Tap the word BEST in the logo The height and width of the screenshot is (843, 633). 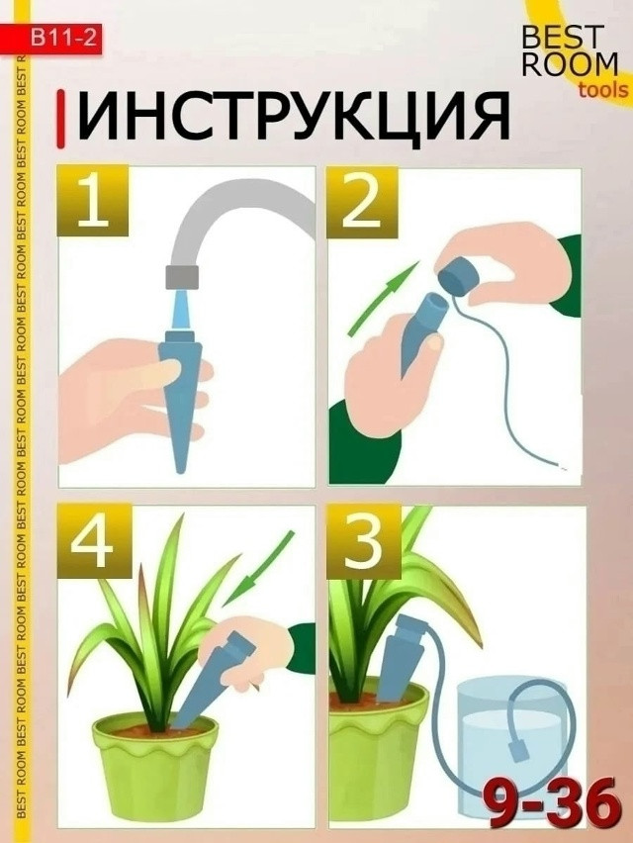[x=562, y=38]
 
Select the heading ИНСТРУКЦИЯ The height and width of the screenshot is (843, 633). [x=293, y=119]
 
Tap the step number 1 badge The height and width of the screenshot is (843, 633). [x=92, y=202]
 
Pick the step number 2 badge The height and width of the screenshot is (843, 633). [x=362, y=202]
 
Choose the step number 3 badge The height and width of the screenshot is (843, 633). [x=364, y=541]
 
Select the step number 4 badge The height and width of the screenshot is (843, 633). [x=93, y=541]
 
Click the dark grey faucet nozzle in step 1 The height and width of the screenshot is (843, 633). [x=182, y=275]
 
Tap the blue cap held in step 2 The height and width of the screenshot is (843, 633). [x=458, y=275]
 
